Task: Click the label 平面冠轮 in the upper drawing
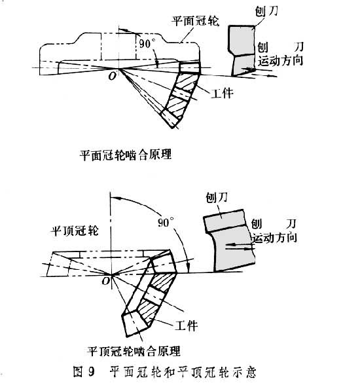[x=196, y=21]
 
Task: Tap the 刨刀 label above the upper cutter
[x=266, y=10]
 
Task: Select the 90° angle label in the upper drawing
[x=145, y=44]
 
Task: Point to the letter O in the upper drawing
[x=113, y=76]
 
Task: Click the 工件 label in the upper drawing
[x=222, y=93]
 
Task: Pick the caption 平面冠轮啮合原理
[x=126, y=155]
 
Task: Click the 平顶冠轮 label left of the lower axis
[x=75, y=231]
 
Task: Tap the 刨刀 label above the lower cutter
[x=217, y=198]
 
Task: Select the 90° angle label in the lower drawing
[x=166, y=223]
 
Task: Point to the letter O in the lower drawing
[x=106, y=281]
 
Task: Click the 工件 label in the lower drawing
[x=186, y=325]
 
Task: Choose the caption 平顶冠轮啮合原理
[x=134, y=351]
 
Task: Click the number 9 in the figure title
[x=91, y=372]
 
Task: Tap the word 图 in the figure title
[x=78, y=372]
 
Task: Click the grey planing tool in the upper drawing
[x=242, y=50]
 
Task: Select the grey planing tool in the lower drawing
[x=229, y=240]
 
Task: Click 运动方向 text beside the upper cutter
[x=281, y=60]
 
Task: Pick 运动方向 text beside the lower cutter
[x=275, y=238]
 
